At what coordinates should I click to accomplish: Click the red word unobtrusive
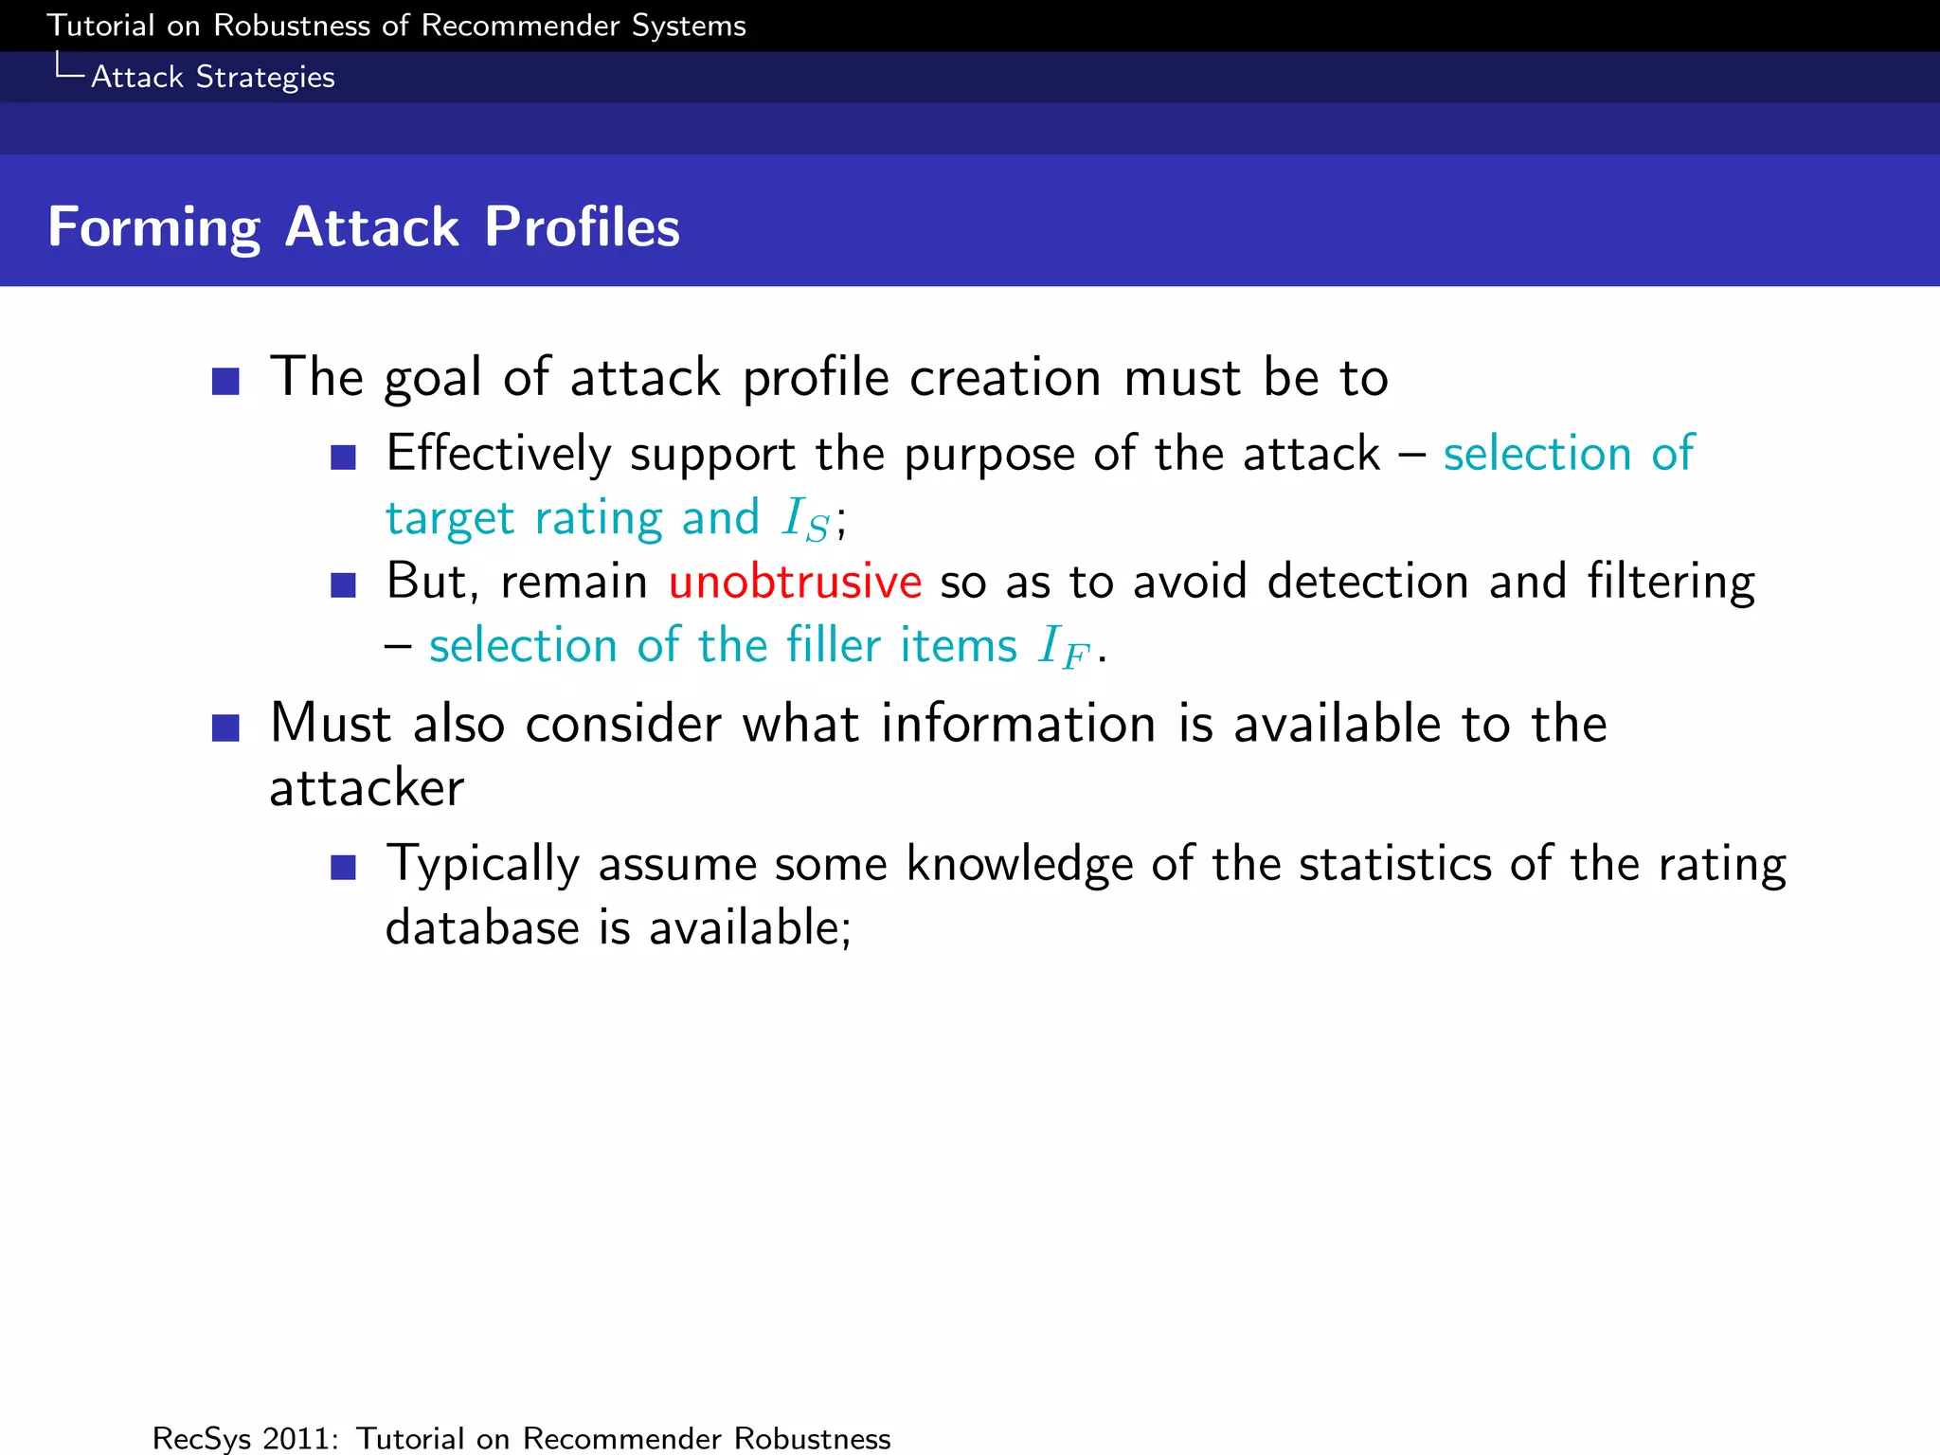[x=794, y=581]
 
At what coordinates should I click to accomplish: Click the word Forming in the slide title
[x=153, y=227]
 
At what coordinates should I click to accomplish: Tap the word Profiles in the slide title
[x=582, y=227]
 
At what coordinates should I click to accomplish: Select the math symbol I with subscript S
[x=805, y=519]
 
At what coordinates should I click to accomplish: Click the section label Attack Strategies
[x=212, y=77]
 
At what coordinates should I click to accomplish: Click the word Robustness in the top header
[x=292, y=26]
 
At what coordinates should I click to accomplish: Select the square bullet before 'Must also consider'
[x=225, y=727]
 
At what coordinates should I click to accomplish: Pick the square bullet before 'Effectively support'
[x=343, y=458]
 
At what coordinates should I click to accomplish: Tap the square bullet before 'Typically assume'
[x=343, y=867]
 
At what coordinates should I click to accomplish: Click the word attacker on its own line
[x=367, y=788]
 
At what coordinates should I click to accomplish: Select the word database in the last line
[x=481, y=926]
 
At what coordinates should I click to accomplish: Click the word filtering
[x=1670, y=582]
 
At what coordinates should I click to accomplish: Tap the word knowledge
[x=1019, y=864]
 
